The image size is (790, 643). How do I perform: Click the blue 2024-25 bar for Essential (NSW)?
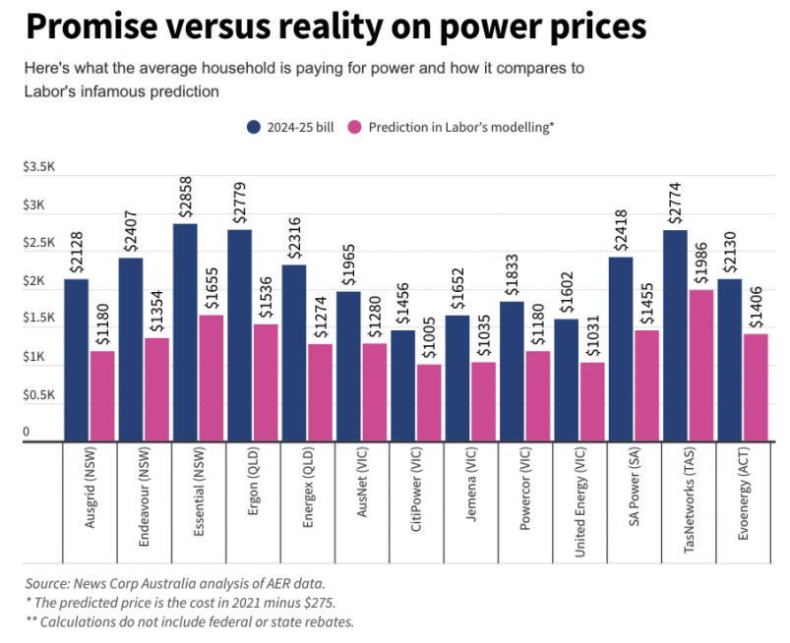185,332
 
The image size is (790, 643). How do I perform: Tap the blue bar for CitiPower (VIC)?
402,385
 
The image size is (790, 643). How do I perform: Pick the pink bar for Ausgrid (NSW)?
102,396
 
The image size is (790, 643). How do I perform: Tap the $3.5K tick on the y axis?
39,167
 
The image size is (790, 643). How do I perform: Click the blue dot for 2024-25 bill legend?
254,127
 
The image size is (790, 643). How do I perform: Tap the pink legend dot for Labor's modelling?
356,127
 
